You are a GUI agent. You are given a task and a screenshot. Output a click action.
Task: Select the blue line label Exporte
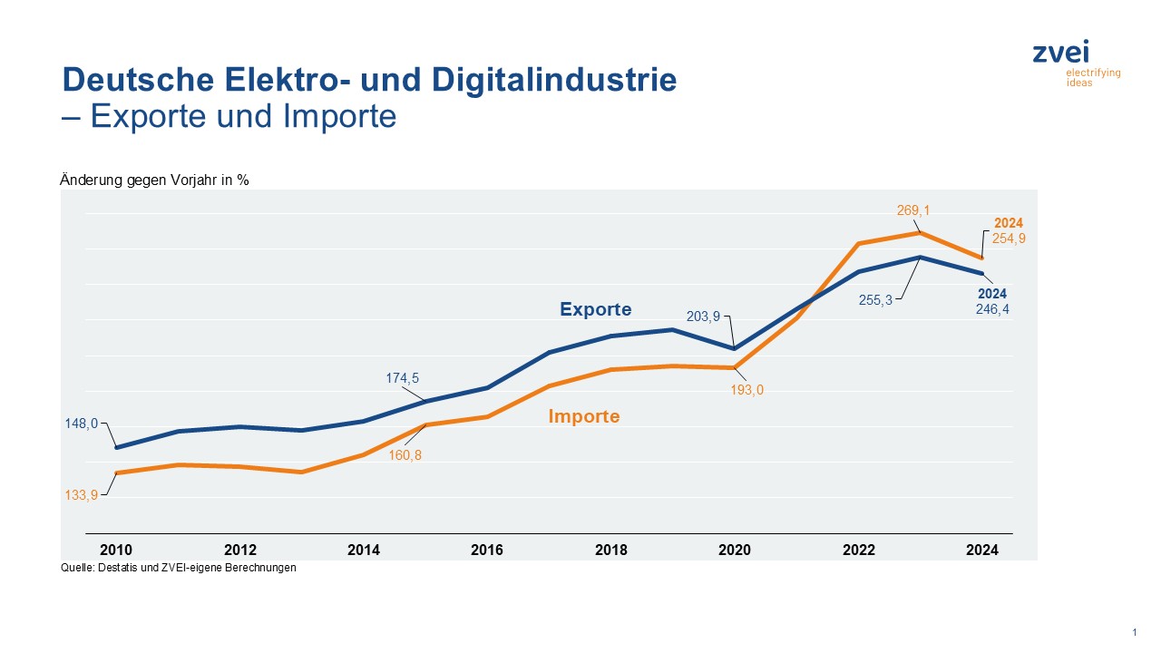point(595,309)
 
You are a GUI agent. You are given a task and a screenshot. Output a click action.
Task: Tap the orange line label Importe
point(584,416)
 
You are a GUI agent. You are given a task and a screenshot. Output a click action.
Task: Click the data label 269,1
point(913,210)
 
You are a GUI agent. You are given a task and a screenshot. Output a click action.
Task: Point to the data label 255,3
point(875,300)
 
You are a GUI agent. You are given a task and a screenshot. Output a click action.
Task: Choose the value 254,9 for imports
point(1009,239)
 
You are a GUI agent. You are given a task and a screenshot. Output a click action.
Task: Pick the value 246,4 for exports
point(992,308)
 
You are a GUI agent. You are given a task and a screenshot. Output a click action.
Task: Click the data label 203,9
point(703,317)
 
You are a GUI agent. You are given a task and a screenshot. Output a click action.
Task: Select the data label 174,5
point(403,378)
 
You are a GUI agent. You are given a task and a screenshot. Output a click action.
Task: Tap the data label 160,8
point(405,455)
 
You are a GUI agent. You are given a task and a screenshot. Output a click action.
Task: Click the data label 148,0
point(81,423)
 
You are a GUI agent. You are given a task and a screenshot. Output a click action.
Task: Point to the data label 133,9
point(81,494)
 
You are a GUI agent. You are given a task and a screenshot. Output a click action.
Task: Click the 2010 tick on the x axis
point(116,550)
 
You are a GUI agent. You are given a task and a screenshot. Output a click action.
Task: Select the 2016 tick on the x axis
point(487,550)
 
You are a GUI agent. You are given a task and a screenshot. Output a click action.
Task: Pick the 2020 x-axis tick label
point(735,550)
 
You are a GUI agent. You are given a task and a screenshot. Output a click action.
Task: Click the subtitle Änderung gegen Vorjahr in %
point(154,180)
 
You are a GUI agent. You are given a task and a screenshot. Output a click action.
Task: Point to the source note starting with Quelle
point(178,568)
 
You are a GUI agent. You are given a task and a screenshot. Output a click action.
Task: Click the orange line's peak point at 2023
point(921,233)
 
